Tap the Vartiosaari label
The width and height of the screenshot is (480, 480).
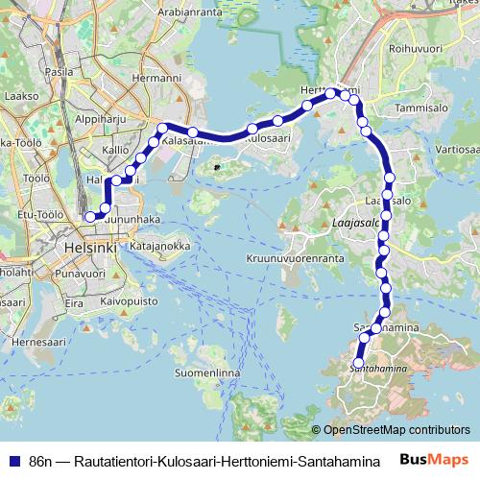click(x=456, y=152)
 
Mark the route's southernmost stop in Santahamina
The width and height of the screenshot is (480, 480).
click(x=360, y=363)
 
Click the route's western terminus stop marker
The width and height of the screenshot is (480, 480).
click(x=90, y=217)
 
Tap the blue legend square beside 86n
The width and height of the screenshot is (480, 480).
click(x=13, y=460)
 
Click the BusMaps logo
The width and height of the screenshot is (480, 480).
click(x=437, y=460)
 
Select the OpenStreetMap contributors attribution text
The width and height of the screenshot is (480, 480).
click(x=396, y=430)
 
